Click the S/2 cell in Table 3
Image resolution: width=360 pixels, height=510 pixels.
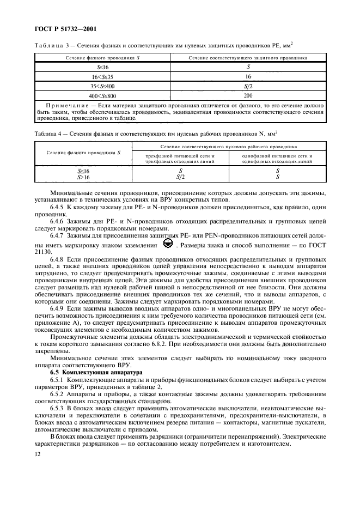coord(248,86)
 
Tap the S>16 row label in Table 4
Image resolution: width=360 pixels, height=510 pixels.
coord(83,177)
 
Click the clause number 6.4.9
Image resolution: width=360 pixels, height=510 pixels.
coord(57,308)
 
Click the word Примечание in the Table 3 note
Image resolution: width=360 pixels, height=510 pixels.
coord(64,104)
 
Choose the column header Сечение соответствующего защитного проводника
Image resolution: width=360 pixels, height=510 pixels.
coord(248,57)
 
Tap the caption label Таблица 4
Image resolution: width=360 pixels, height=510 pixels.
coord(48,132)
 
